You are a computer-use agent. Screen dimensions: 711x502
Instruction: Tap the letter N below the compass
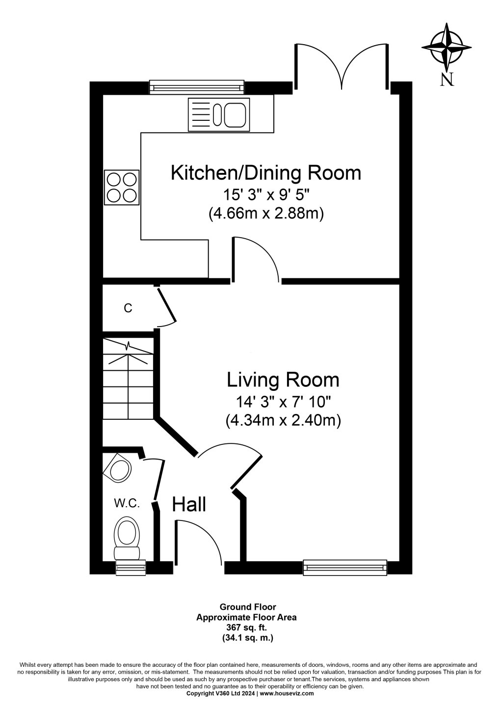(447, 79)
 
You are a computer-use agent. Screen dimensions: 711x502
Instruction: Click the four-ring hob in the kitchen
(122, 187)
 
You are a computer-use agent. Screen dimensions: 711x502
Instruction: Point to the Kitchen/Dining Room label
(265, 173)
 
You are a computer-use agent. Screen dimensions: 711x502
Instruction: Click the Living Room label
(283, 380)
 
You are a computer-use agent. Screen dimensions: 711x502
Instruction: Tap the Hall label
(189, 504)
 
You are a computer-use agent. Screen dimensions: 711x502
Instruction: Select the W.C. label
(127, 503)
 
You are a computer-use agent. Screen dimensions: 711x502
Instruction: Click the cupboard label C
(128, 308)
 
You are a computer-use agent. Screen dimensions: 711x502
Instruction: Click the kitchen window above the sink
(197, 88)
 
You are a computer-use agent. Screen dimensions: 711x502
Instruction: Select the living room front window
(345, 568)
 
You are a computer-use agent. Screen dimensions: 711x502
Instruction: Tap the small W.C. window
(131, 568)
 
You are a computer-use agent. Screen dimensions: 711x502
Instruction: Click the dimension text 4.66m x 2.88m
(266, 215)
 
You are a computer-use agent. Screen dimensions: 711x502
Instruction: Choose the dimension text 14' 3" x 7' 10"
(283, 402)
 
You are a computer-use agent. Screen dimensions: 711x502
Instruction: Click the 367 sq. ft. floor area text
(246, 627)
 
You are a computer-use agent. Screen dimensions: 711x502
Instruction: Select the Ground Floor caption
(246, 607)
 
